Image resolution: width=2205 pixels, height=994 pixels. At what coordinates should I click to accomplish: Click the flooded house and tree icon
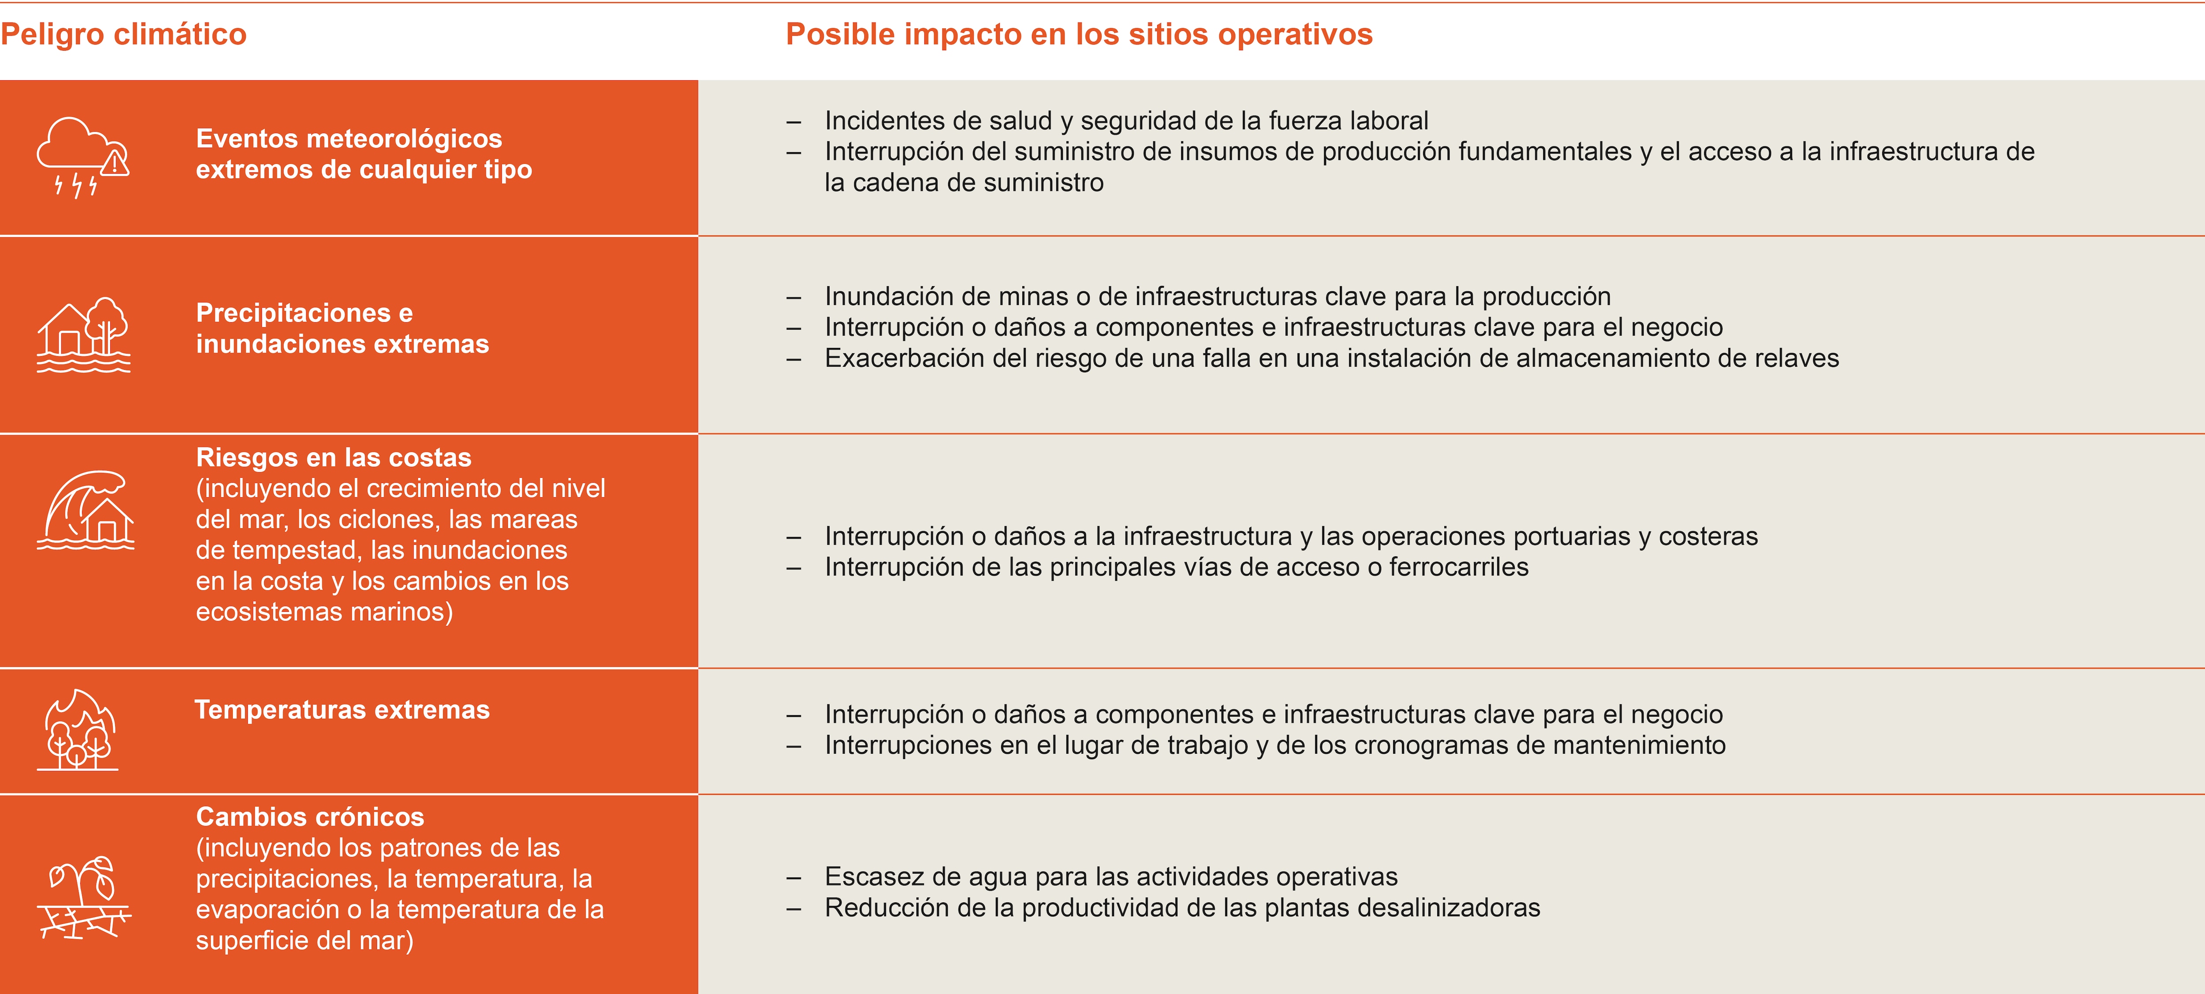(83, 335)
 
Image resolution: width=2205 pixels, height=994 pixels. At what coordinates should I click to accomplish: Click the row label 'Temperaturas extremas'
(342, 710)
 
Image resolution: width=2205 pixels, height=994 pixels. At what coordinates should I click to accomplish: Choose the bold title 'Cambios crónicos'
(310, 817)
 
